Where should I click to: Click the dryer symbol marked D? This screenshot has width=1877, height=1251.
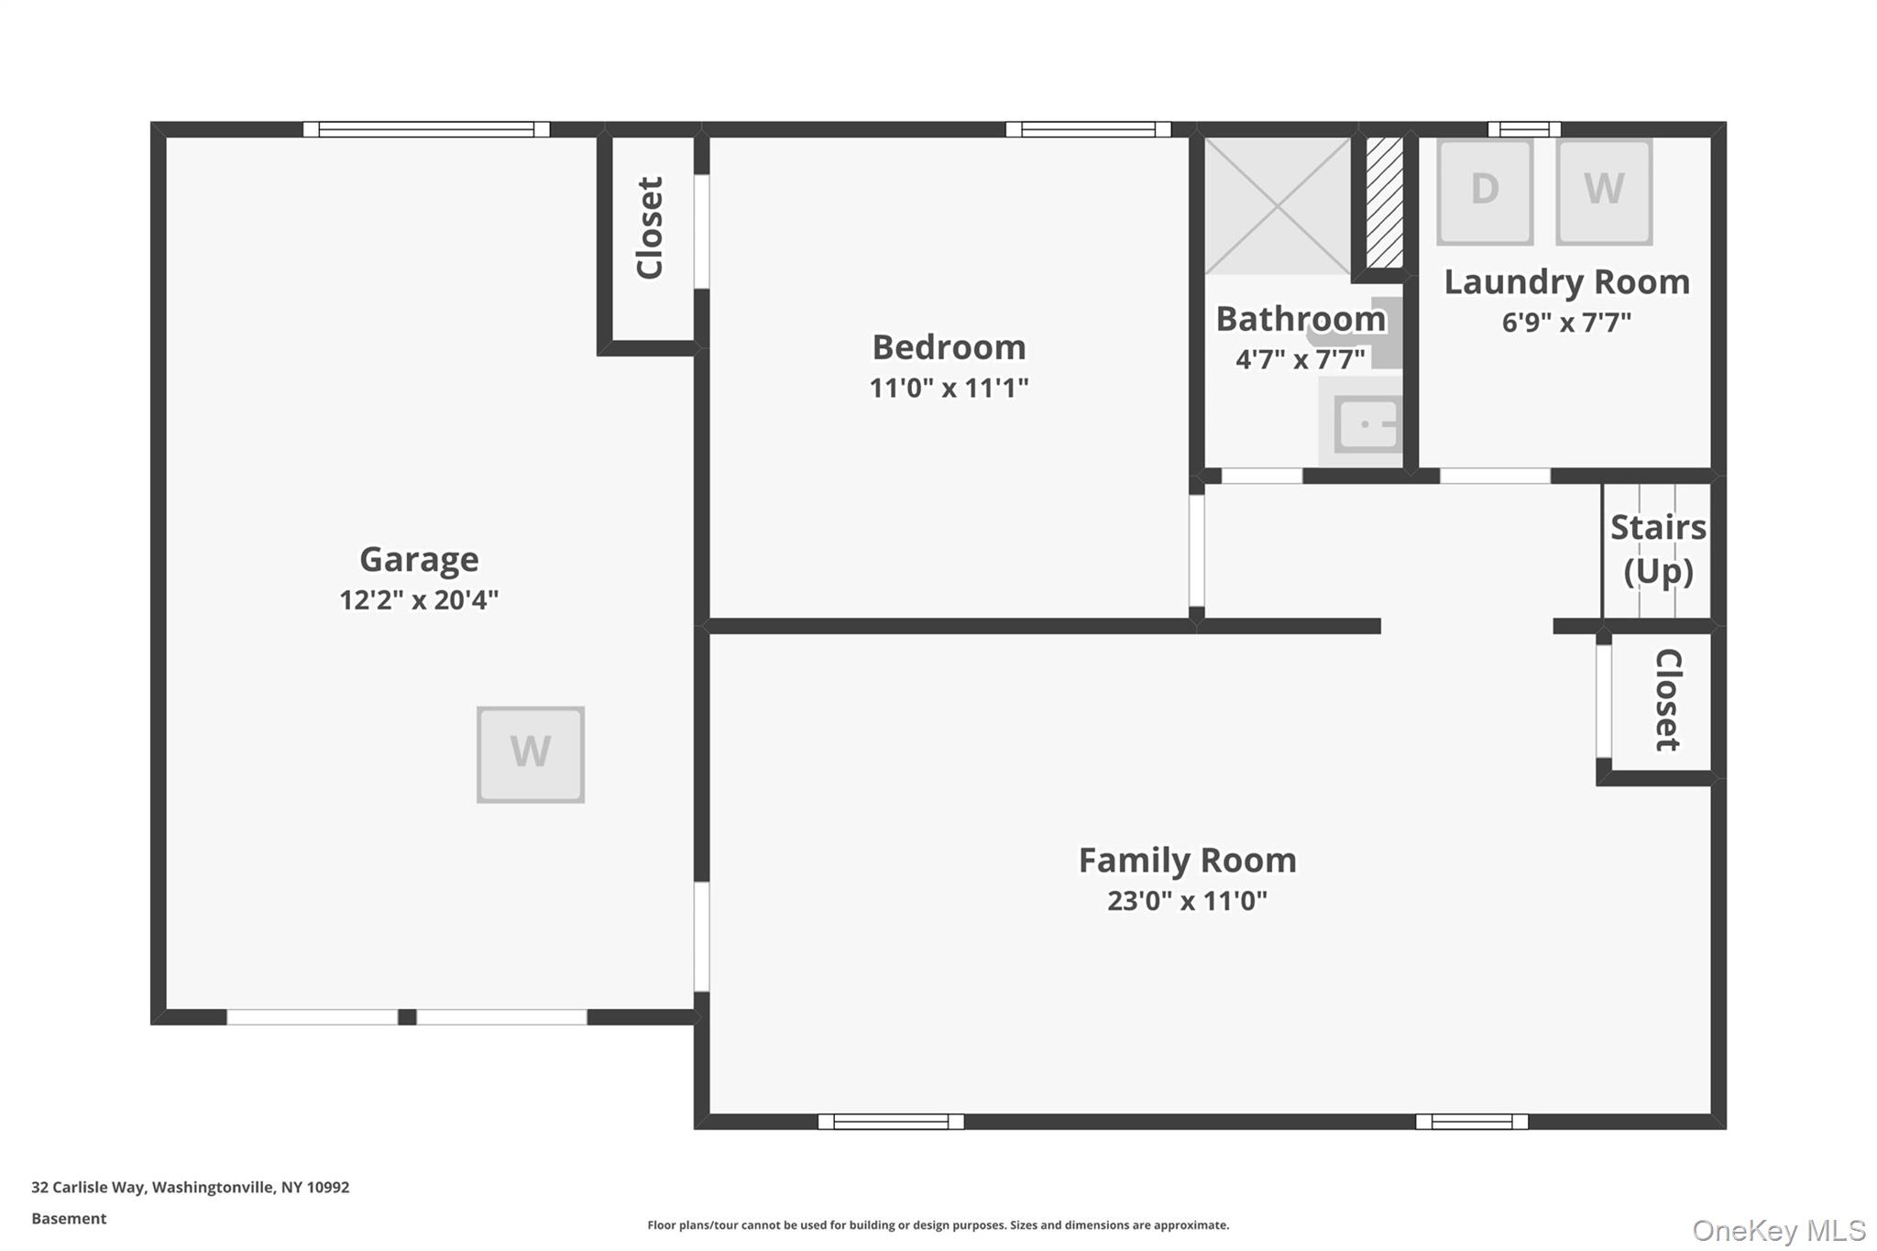point(1484,191)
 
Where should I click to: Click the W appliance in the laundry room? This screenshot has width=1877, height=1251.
point(1603,191)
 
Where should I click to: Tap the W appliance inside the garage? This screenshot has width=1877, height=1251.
point(530,754)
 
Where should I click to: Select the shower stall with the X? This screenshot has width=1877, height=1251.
point(1277,205)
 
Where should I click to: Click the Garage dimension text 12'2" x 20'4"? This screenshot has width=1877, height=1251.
point(419,600)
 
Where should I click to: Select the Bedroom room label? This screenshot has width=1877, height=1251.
point(949,347)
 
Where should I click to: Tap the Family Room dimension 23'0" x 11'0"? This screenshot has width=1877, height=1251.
point(1187,901)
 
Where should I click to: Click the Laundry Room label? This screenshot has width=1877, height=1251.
point(1566,282)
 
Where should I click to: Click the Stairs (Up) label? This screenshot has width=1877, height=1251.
point(1657,549)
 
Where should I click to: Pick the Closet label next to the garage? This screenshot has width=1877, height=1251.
point(649,228)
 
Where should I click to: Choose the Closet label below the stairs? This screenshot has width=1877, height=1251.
point(1667,700)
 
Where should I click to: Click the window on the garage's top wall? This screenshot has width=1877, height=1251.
point(426,129)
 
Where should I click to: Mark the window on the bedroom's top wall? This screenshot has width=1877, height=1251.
point(1088,129)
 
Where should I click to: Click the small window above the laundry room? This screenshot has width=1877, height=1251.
point(1523,129)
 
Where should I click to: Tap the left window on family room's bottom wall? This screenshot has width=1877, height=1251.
point(890,1121)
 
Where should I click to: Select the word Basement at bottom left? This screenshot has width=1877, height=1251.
point(69,1218)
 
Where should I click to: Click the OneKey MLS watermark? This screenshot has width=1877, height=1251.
point(1778,1230)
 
